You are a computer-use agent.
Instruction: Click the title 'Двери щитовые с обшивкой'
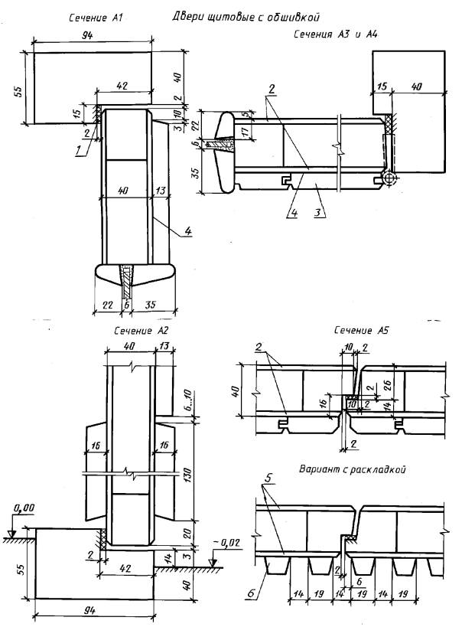246,17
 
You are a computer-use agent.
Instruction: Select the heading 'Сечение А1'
96,18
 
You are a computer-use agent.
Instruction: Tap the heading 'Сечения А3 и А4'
336,34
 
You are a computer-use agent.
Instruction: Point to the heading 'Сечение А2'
142,331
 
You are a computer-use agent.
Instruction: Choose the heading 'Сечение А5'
361,330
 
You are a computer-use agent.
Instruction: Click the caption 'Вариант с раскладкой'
352,469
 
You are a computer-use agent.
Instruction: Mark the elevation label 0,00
24,508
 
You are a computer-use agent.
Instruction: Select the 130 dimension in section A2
188,475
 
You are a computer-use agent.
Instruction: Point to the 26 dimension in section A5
387,385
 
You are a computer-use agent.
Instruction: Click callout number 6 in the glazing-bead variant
251,593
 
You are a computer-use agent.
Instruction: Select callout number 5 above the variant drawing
268,478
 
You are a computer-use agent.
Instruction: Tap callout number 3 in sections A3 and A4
317,212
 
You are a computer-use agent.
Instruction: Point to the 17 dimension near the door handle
246,129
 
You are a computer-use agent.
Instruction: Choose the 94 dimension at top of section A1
87,34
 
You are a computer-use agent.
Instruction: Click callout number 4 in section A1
188,231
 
